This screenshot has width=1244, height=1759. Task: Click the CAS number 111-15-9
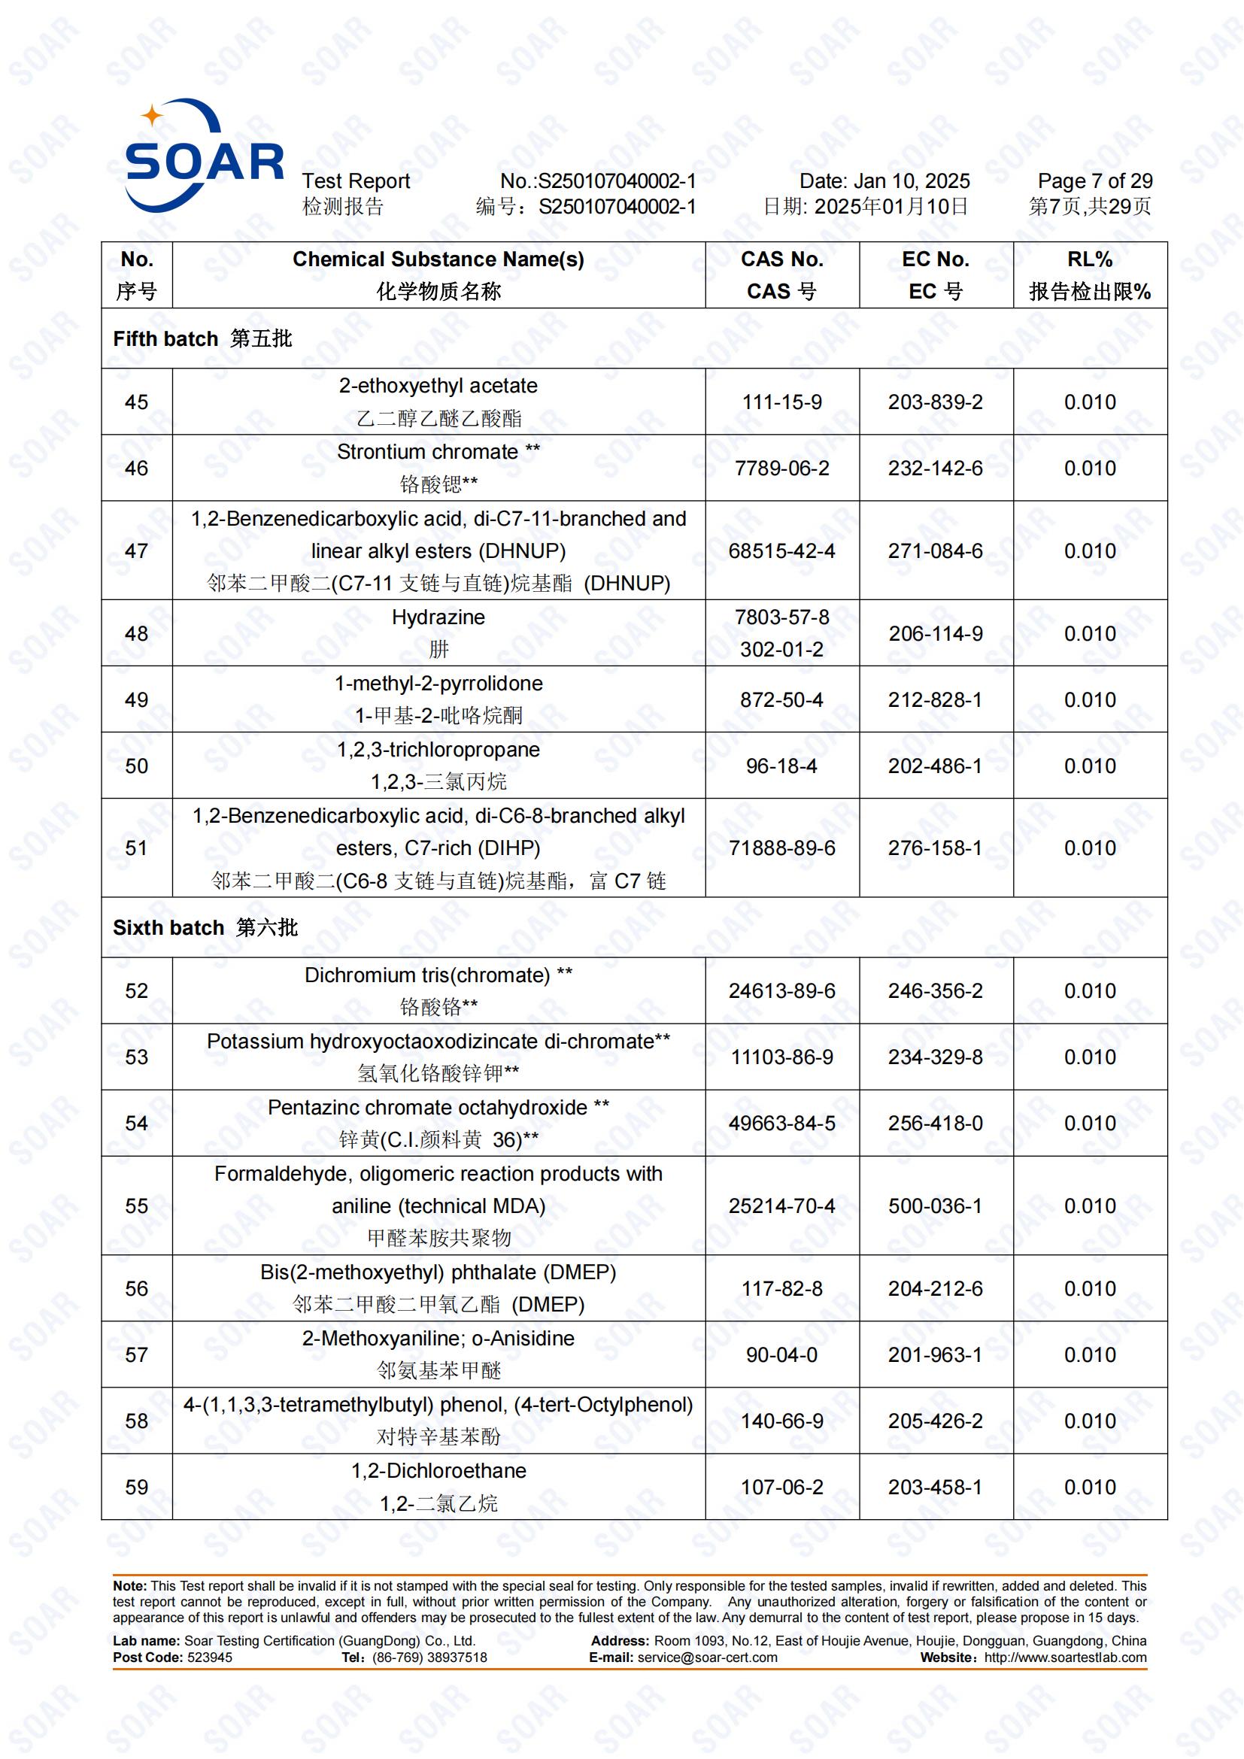point(781,402)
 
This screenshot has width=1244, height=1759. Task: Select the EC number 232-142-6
point(935,468)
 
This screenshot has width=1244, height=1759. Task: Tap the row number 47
point(136,550)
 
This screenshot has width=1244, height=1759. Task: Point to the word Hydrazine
point(438,617)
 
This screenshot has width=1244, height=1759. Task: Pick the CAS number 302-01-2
point(781,650)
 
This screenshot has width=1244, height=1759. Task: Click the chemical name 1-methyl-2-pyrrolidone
point(438,684)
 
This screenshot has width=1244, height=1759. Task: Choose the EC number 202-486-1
point(935,766)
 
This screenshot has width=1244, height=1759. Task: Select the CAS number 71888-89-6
point(781,848)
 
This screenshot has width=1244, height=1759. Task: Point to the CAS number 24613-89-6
point(781,990)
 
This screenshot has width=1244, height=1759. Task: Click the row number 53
point(136,1057)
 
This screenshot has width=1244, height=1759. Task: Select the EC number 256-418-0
point(935,1123)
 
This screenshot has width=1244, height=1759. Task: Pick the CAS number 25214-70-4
point(781,1206)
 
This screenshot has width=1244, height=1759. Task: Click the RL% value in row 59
point(1089,1487)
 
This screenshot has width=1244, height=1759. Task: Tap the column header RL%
point(1089,259)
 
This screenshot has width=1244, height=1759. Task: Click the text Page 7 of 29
point(1094,181)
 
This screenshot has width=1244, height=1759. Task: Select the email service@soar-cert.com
point(707,1657)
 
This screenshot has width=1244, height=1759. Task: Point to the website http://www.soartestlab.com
point(1065,1657)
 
